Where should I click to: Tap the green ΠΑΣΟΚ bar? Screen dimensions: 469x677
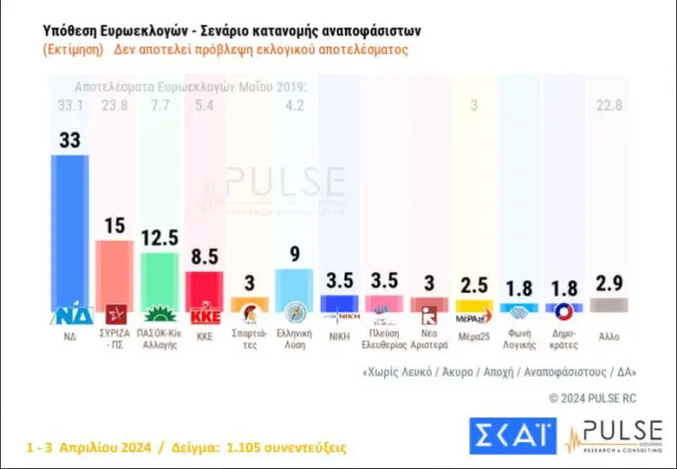(x=159, y=280)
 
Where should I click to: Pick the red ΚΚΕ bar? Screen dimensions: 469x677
(x=204, y=290)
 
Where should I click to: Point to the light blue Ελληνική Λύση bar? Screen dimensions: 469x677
(x=294, y=289)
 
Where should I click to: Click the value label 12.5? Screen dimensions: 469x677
(x=160, y=237)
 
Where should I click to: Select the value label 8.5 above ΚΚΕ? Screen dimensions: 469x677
(x=205, y=256)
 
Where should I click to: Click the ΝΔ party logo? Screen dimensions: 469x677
(x=69, y=316)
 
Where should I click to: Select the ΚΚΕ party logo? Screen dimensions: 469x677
(x=204, y=316)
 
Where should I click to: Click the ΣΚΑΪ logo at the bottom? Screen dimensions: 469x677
(x=512, y=436)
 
